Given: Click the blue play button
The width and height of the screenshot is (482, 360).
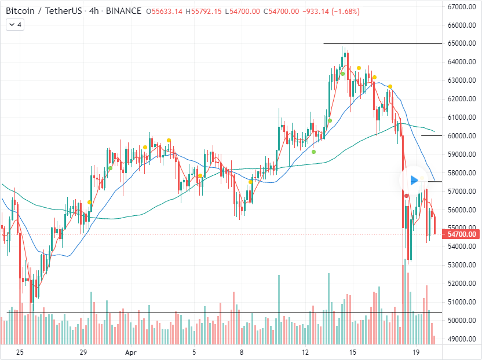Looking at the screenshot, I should pyautogui.click(x=414, y=180).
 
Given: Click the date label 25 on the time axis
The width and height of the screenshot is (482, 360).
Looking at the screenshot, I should pyautogui.click(x=20, y=351).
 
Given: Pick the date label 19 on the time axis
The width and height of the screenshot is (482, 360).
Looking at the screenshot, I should pyautogui.click(x=415, y=351).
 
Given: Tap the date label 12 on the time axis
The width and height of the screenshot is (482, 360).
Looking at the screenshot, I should pyautogui.click(x=306, y=351).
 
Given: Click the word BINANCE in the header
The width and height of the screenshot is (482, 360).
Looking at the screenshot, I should pyautogui.click(x=125, y=11).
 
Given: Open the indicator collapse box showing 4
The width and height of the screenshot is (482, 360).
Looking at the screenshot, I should pyautogui.click(x=16, y=25).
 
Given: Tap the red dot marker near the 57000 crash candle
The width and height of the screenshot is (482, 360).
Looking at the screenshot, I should pyautogui.click(x=407, y=196).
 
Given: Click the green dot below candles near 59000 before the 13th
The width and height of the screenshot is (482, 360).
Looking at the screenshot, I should pyautogui.click(x=313, y=152).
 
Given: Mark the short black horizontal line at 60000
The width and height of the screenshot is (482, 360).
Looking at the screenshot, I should pyautogui.click(x=432, y=135).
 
